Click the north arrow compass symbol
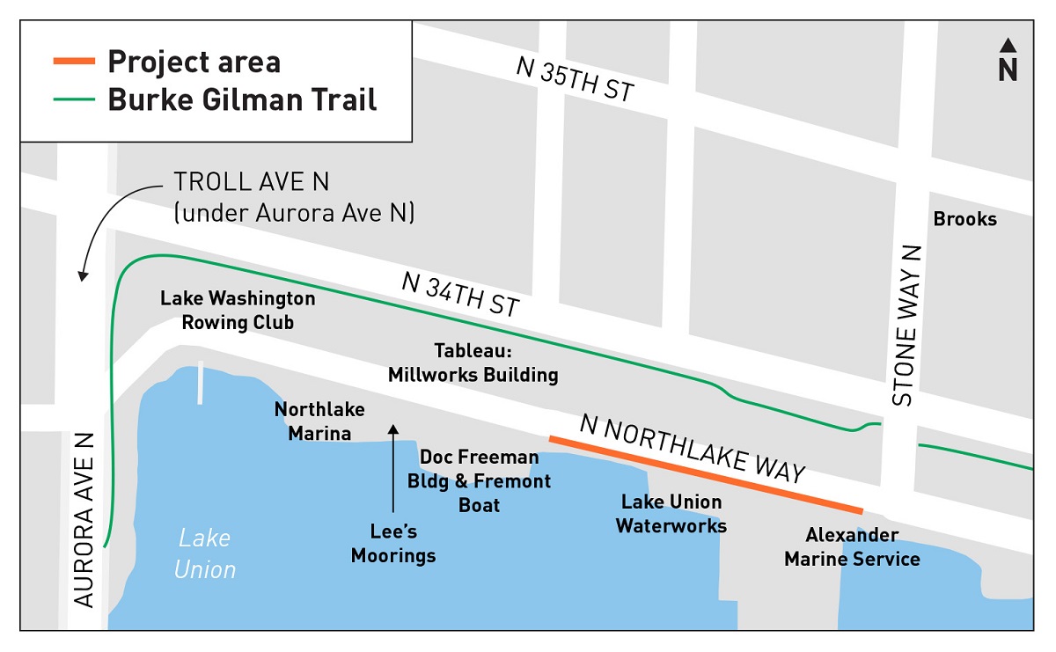pyautogui.click(x=1008, y=61)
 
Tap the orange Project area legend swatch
pyautogui.click(x=74, y=62)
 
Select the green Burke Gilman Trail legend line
pyautogui.click(x=74, y=99)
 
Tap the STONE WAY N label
pyautogui.click(x=906, y=325)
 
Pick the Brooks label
pyautogui.click(x=965, y=219)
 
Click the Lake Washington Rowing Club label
pyautogui.click(x=238, y=311)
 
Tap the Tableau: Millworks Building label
pyautogui.click(x=473, y=363)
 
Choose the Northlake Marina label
pyautogui.click(x=319, y=421)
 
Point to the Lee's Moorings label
pyautogui.click(x=393, y=543)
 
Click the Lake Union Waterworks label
pyautogui.click(x=671, y=514)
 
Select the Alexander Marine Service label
pyautogui.click(x=852, y=546)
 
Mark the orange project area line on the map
pyautogui.click(x=704, y=473)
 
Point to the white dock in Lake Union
pyautogui.click(x=201, y=383)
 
